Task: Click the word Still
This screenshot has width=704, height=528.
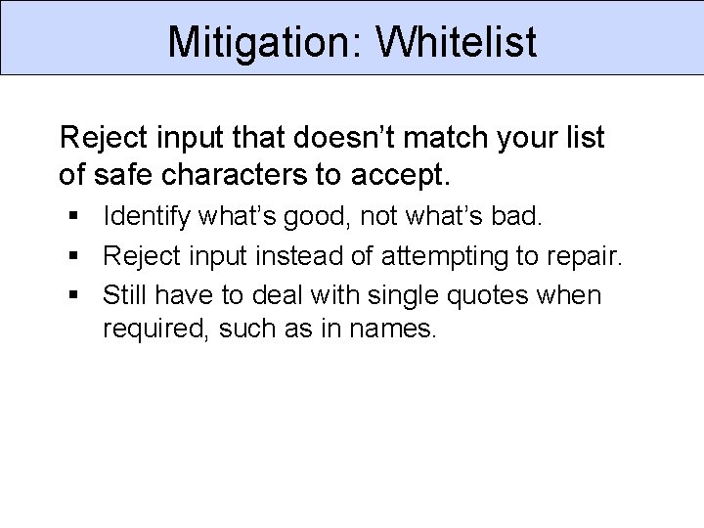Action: click(x=124, y=294)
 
